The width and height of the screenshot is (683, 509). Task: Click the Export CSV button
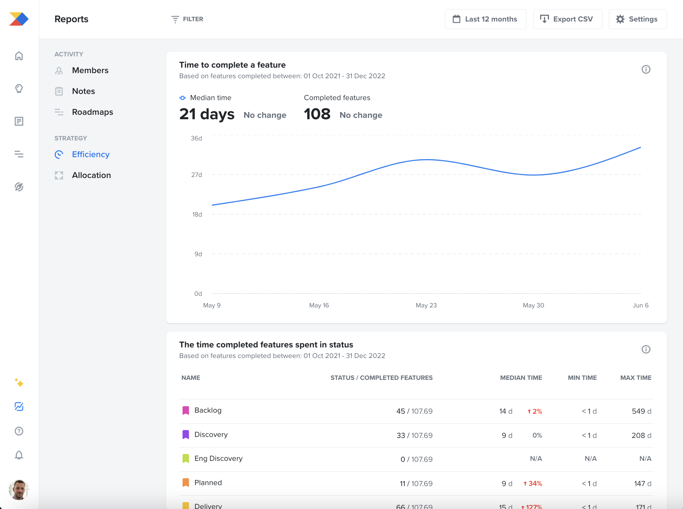tap(567, 19)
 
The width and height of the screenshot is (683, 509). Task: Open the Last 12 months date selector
tap(485, 19)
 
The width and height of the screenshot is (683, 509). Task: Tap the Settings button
tap(637, 19)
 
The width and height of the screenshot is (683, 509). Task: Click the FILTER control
tap(187, 19)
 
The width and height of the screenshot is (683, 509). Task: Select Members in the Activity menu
tap(90, 70)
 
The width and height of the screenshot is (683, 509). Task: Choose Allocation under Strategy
tap(91, 175)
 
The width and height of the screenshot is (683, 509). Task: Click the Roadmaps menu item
tap(92, 112)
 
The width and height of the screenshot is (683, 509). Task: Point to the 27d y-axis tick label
tap(197, 175)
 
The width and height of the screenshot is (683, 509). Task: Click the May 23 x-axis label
tap(426, 305)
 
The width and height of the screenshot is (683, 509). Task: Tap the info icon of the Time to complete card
tap(646, 69)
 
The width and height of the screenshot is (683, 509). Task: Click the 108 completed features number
tap(317, 114)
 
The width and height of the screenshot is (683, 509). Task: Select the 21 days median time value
tap(206, 114)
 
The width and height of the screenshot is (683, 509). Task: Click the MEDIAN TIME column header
tap(521, 378)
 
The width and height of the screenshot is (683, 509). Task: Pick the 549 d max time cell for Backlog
tap(641, 411)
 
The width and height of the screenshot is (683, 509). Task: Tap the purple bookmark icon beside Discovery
tap(186, 435)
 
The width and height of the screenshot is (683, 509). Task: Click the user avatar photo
tap(19, 490)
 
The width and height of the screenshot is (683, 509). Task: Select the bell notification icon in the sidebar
tap(19, 455)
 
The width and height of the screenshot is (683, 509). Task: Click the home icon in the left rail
tap(19, 56)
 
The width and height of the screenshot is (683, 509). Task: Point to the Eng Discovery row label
tap(218, 458)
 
